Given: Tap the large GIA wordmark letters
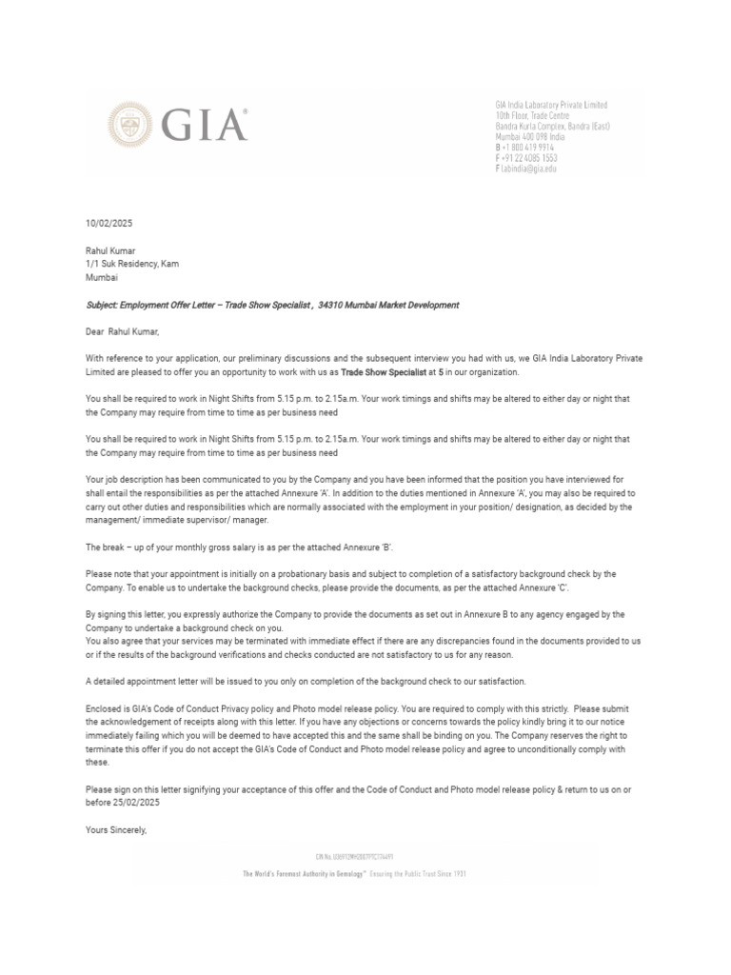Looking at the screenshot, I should (x=204, y=125).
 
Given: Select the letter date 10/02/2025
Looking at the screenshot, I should (x=109, y=223).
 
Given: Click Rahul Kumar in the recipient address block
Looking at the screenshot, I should (x=110, y=251).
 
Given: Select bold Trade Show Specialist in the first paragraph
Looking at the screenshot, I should (x=384, y=371).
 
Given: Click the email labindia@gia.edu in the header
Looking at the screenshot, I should (x=529, y=169).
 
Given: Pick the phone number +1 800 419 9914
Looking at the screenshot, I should (x=528, y=148).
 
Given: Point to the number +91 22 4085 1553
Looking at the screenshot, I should (x=530, y=158).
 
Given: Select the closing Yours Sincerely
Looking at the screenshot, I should (x=116, y=830).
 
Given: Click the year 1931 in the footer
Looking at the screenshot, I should (x=458, y=872).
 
